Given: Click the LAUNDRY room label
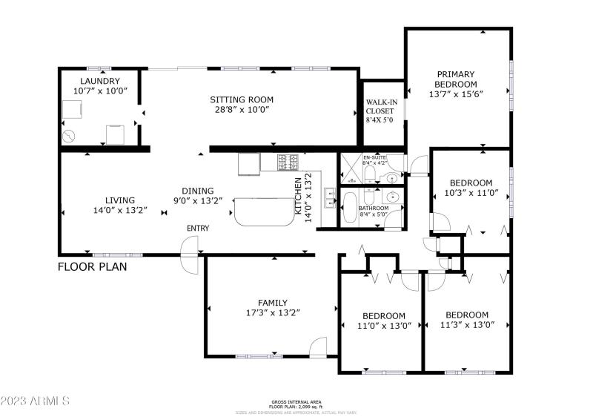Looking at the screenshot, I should tap(100, 81).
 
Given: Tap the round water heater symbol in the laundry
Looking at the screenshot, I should tap(69, 136).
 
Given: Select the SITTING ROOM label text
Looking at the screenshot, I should tap(242, 99).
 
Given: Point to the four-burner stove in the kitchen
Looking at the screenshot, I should tap(288, 161).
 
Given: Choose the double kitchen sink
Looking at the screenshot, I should tap(331, 199).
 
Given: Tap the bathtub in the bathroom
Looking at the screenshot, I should tap(351, 208).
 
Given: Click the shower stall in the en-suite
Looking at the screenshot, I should tap(349, 169).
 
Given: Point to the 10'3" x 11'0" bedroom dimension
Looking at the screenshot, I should tap(471, 193).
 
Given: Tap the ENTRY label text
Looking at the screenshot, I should tap(198, 228).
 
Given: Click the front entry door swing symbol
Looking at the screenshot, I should tap(191, 256).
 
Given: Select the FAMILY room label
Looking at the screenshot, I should tap(273, 302).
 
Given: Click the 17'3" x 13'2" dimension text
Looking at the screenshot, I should tap(273, 312).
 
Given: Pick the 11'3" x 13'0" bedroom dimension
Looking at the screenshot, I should tap(466, 325).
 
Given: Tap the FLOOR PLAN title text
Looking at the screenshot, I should tap(93, 266).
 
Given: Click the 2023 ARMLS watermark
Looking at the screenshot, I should tap(35, 401).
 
